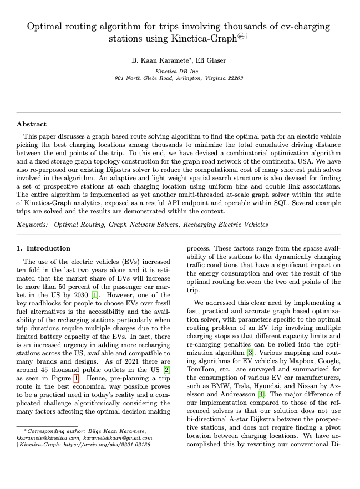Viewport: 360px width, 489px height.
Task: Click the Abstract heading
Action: point(32,124)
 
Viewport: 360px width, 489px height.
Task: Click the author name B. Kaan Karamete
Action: point(153,60)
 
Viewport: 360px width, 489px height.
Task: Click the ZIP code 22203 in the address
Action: point(234,78)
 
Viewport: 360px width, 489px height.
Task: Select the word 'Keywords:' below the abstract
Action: point(32,225)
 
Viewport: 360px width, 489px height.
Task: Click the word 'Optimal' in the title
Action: point(45,26)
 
